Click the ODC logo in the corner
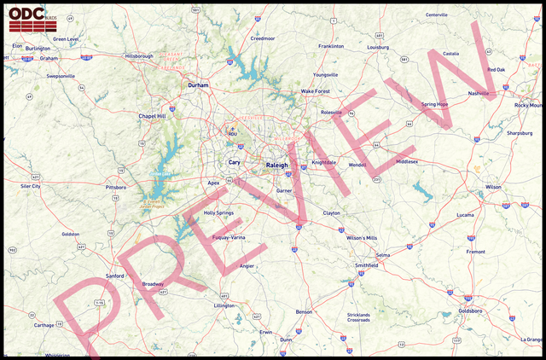(x=26, y=19)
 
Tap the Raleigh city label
(x=277, y=164)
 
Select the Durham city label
(x=198, y=85)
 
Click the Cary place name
(x=234, y=161)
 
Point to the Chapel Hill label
(x=152, y=116)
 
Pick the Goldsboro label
(x=470, y=311)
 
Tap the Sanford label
(x=114, y=276)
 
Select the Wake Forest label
(x=315, y=90)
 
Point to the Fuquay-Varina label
(x=229, y=236)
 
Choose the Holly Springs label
(x=218, y=212)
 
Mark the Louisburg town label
(x=378, y=47)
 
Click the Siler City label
(x=31, y=185)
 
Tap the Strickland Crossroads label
(x=359, y=317)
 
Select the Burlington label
(x=38, y=49)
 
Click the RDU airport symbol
(x=232, y=130)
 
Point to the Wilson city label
(x=493, y=186)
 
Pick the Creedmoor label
(x=263, y=38)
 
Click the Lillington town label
(x=224, y=305)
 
